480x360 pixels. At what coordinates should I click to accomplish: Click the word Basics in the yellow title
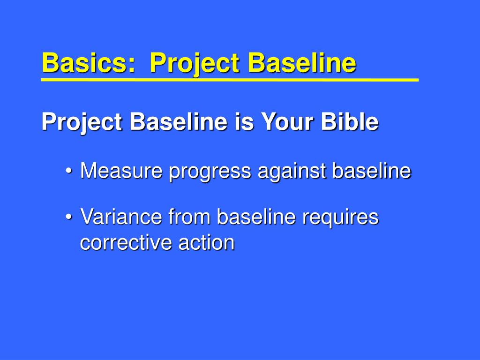[x=88, y=62]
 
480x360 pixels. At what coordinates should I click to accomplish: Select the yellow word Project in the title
[x=194, y=64]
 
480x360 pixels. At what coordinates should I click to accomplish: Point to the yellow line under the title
[x=230, y=80]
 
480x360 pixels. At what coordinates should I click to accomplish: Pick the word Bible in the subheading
[x=350, y=121]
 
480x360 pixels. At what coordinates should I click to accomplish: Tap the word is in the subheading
[x=245, y=121]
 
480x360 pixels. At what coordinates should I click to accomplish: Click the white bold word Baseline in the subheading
[x=179, y=121]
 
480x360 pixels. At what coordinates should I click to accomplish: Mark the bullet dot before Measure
[x=69, y=171]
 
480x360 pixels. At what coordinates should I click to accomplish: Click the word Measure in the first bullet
[x=121, y=170]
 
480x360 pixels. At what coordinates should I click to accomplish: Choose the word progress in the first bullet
[x=210, y=172]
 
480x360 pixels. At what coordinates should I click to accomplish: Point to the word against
[x=292, y=172]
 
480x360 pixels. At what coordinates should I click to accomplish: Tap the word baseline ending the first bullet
[x=372, y=170]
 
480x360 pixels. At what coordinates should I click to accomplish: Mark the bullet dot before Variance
[x=69, y=217]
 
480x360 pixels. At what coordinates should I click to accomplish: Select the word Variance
[x=121, y=217]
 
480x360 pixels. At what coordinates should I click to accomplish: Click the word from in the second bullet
[x=189, y=216]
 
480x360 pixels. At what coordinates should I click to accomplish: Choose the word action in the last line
[x=206, y=242]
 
